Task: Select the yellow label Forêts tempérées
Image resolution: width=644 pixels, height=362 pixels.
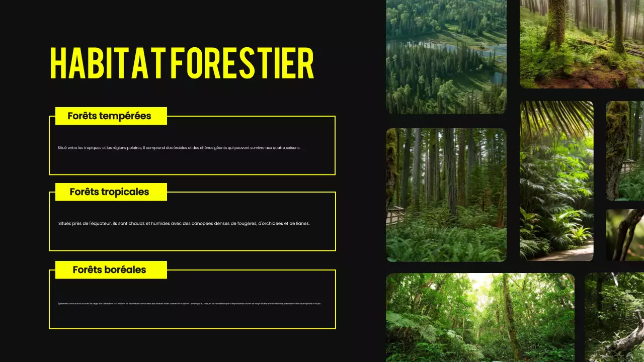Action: tap(111, 116)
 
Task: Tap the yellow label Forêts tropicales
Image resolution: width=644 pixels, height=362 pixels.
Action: tap(111, 192)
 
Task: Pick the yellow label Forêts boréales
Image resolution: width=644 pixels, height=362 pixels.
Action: tap(111, 270)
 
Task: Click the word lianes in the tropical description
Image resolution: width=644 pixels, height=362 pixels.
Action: tap(302, 223)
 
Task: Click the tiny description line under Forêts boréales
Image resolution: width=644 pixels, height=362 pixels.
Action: tap(189, 304)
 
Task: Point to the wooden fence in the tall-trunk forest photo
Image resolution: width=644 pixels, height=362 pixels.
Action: tap(395, 215)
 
